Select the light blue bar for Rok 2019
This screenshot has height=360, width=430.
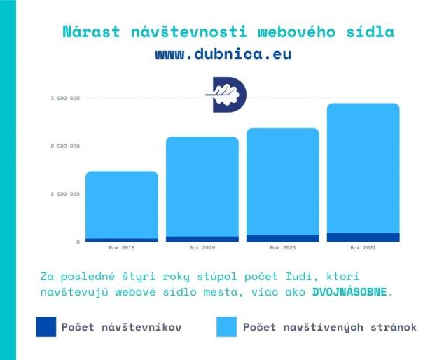[202, 186]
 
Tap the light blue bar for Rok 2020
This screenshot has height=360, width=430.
[282, 181]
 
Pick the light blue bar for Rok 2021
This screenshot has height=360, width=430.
[363, 168]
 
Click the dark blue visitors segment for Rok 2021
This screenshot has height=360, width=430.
[363, 237]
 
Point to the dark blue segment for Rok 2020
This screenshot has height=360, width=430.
[282, 239]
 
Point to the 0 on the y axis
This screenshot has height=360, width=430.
[77, 242]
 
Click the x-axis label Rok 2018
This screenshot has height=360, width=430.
[122, 248]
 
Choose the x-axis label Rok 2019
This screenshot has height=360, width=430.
[202, 248]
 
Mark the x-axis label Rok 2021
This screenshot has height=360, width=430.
[363, 248]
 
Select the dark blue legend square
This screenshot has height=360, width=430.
[46, 326]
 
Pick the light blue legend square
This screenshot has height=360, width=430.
[226, 326]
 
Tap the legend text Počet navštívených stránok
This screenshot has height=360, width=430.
[329, 326]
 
